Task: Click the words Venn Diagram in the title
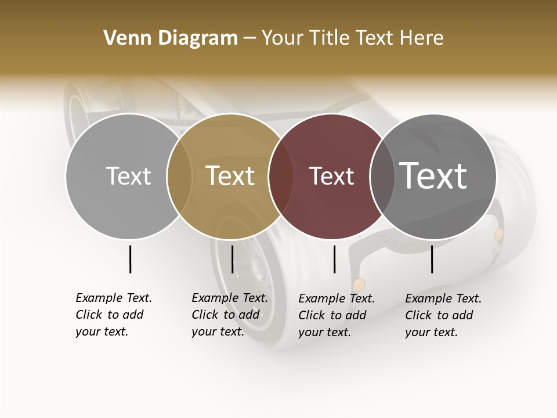pyautogui.click(x=171, y=38)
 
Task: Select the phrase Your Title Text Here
pyautogui.click(x=352, y=38)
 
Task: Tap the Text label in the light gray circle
pyautogui.click(x=128, y=176)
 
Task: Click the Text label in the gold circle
pyautogui.click(x=230, y=176)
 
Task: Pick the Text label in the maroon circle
pyautogui.click(x=331, y=176)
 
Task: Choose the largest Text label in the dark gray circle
pyautogui.click(x=433, y=175)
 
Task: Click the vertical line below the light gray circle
pyautogui.click(x=130, y=259)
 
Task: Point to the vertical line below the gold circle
pyautogui.click(x=232, y=259)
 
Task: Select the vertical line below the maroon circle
pyautogui.click(x=334, y=259)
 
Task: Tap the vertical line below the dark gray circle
pyautogui.click(x=432, y=259)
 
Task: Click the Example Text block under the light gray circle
pyautogui.click(x=114, y=315)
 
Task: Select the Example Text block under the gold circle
pyautogui.click(x=230, y=315)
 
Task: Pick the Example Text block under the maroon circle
pyautogui.click(x=337, y=315)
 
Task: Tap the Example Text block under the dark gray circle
pyautogui.click(x=443, y=315)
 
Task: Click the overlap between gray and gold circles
pyautogui.click(x=179, y=176)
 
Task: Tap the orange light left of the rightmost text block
pyautogui.click(x=359, y=284)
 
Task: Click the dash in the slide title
pyautogui.click(x=249, y=38)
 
